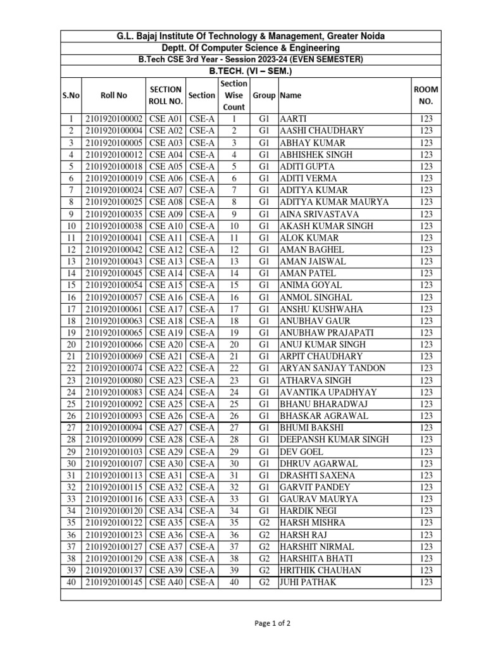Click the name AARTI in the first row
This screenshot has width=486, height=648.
click(x=294, y=118)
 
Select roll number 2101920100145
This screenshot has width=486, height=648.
click(x=114, y=582)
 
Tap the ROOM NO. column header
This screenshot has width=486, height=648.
click(x=426, y=95)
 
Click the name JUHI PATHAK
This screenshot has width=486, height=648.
click(x=308, y=582)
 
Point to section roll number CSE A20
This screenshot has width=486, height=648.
click(x=166, y=344)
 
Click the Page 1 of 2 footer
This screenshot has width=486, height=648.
click(x=273, y=623)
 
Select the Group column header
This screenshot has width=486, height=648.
click(x=264, y=95)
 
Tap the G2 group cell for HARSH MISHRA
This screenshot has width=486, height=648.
click(x=264, y=523)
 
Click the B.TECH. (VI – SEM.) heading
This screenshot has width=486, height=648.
click(x=251, y=71)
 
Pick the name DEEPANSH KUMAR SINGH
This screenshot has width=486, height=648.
click(x=334, y=440)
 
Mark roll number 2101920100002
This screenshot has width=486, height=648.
click(x=114, y=118)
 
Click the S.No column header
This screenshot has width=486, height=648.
click(x=71, y=95)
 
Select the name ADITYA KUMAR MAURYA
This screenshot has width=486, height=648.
click(x=334, y=202)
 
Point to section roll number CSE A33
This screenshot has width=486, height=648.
click(x=166, y=499)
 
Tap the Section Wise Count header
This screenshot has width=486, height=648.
click(x=234, y=95)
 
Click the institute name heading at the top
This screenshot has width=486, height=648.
click(x=251, y=36)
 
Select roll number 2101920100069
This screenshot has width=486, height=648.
click(x=114, y=356)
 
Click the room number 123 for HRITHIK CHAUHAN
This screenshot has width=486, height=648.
click(x=426, y=570)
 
